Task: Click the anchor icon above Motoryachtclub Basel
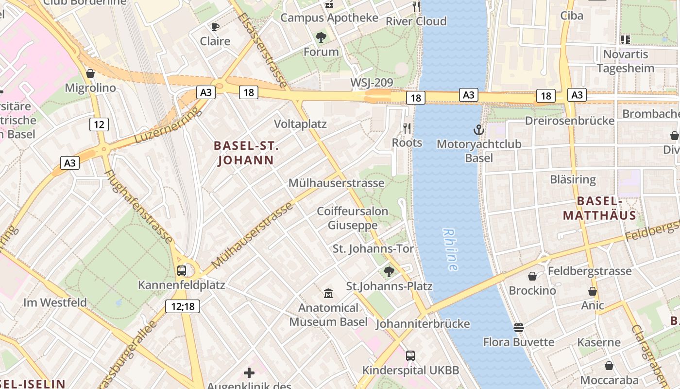coord(479,130)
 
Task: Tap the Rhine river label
coord(450,249)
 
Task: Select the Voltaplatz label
coord(300,124)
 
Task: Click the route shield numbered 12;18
coord(183,306)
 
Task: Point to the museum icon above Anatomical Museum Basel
coord(328,293)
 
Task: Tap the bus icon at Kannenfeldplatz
coord(182,271)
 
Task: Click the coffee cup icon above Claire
coord(215,27)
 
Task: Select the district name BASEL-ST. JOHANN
coord(246,153)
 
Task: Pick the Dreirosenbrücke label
coord(570,121)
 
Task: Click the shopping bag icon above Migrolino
coord(90,73)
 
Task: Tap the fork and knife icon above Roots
coord(407,128)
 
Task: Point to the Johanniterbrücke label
coord(423,324)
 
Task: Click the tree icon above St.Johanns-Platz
coord(389,271)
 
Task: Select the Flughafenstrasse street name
coord(138,207)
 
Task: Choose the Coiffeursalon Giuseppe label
coord(353,218)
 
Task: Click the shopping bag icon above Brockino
coord(532,276)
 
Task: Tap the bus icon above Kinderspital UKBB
coord(410,356)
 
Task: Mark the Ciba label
coord(572,15)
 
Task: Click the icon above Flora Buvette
coord(519,327)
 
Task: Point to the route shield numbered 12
coord(99,124)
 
